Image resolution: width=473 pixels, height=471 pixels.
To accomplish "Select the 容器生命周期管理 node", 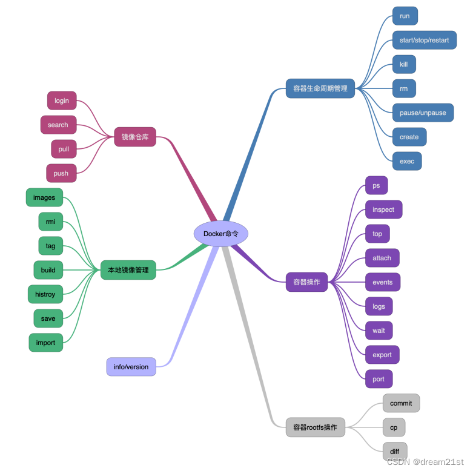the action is pyautogui.click(x=320, y=88).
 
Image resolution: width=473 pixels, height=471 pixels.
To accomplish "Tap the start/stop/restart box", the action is pyautogui.click(x=424, y=40).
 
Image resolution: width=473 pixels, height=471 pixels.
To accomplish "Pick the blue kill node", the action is pyautogui.click(x=404, y=64).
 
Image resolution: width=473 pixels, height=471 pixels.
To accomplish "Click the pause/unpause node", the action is pyautogui.click(x=423, y=113).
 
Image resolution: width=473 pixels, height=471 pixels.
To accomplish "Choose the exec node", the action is pyautogui.click(x=407, y=161).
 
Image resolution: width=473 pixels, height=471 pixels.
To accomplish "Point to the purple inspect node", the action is pyautogui.click(x=383, y=209).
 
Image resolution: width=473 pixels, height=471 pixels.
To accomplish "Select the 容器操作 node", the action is pyautogui.click(x=306, y=282).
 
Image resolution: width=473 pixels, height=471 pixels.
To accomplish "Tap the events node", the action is pyautogui.click(x=383, y=282).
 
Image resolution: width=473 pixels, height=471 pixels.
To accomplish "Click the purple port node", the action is pyautogui.click(x=379, y=379).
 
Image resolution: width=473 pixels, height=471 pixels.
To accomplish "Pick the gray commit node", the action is pyautogui.click(x=401, y=403).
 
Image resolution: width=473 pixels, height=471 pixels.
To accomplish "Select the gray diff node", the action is pyautogui.click(x=395, y=452).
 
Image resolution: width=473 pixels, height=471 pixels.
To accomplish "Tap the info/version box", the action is pyautogui.click(x=131, y=367).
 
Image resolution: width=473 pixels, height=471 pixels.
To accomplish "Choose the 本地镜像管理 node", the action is pyautogui.click(x=128, y=270).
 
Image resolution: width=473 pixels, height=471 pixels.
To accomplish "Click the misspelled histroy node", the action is pyautogui.click(x=45, y=294).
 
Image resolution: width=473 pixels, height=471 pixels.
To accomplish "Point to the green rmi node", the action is pyautogui.click(x=50, y=222).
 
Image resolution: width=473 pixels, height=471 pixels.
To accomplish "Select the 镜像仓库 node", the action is pyautogui.click(x=135, y=137).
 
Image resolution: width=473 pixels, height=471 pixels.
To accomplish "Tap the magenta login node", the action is pyautogui.click(x=62, y=100).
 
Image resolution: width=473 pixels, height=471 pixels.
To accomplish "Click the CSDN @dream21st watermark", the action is pyautogui.click(x=425, y=462).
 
